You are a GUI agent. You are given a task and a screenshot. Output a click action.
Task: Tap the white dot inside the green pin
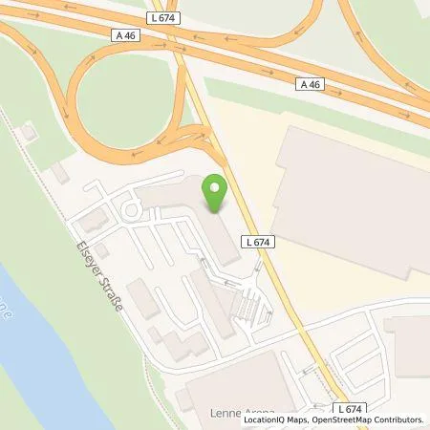point(215,187)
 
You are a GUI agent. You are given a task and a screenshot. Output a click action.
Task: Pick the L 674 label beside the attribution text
point(351,408)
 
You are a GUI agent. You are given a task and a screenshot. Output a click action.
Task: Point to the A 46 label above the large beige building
point(309,84)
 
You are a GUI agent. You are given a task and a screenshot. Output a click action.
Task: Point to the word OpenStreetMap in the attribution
point(347,419)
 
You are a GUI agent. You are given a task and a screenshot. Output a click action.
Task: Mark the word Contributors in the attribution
point(400,419)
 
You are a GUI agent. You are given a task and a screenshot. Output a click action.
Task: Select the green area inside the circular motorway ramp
point(119,96)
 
